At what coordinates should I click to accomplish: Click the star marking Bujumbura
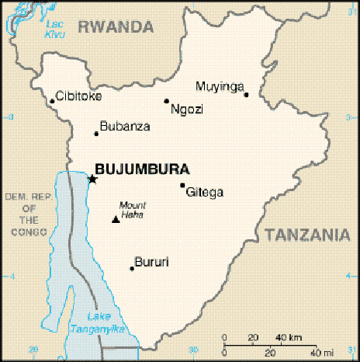point(92,179)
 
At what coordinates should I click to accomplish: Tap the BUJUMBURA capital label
point(140,167)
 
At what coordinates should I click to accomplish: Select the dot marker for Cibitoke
point(52,101)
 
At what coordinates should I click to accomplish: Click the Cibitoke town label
point(79,96)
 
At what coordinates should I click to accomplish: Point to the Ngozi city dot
point(166,101)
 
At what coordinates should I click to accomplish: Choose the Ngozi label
point(187,110)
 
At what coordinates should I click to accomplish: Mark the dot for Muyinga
point(246,95)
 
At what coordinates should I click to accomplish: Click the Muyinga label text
point(220,85)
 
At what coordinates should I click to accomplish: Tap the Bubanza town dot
point(96,134)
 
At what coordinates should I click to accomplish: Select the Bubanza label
point(125,126)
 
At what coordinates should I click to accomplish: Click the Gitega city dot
point(182,185)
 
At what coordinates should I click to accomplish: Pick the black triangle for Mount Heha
point(116,219)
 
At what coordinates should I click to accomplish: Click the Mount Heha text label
point(132,210)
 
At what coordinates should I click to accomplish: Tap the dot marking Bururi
point(132,269)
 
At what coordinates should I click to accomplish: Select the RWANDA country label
point(116,27)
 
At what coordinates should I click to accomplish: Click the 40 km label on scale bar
point(289,338)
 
